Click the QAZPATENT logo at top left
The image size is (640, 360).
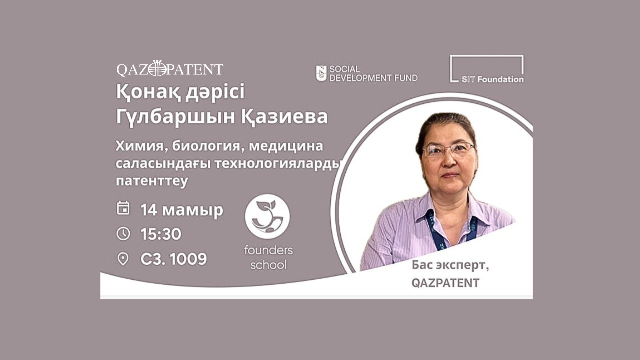click(x=170, y=69)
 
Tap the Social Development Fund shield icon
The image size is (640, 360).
click(x=321, y=73)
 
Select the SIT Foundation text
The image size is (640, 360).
click(x=493, y=79)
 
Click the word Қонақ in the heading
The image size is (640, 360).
click(x=148, y=92)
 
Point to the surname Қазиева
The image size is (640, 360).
click(x=284, y=117)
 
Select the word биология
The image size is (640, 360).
click(x=208, y=147)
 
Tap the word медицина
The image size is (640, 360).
click(x=286, y=147)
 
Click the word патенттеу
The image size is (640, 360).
click(x=152, y=181)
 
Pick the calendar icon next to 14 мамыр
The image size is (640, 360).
click(x=123, y=208)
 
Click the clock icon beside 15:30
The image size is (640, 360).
click(x=123, y=234)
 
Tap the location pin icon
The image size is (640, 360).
click(x=123, y=259)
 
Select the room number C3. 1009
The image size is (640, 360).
click(x=173, y=259)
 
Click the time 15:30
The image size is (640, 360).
click(x=161, y=234)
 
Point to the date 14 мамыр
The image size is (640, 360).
click(x=182, y=210)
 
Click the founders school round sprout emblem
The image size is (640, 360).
click(x=267, y=217)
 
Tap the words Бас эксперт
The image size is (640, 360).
click(x=450, y=265)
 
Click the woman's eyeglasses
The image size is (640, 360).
click(x=448, y=149)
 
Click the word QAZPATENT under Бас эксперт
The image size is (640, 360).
click(x=445, y=283)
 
